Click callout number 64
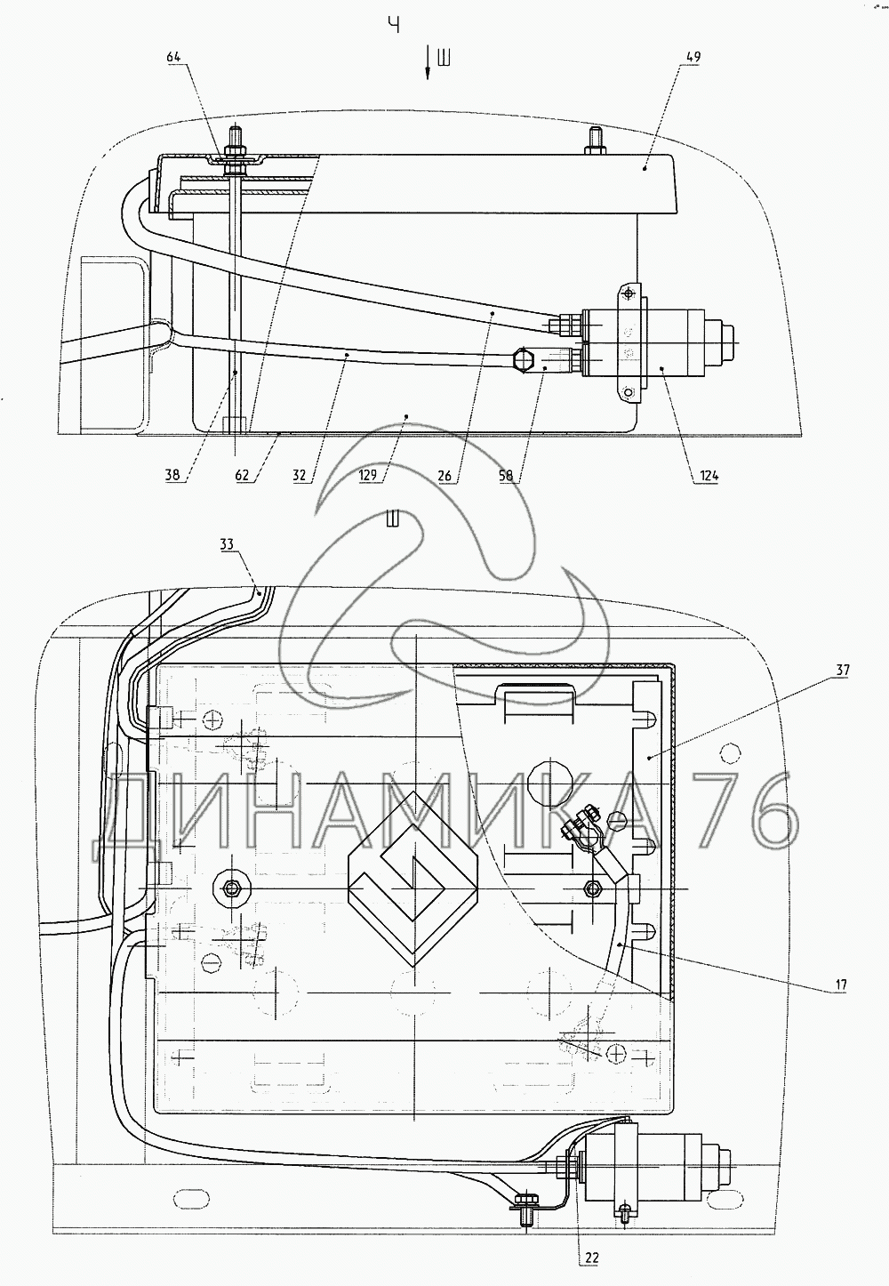pos(173,57)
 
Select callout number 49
pos(693,57)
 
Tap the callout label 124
pos(709,476)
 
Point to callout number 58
pos(506,476)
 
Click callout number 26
pos(444,476)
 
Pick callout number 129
pos(367,476)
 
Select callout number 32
pos(299,476)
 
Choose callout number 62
pos(242,476)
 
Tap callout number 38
pos(172,476)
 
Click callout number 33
pos(228,543)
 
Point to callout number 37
pos(843,670)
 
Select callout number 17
pos(840,985)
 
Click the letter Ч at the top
pos(393,25)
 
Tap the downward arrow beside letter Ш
pos(428,64)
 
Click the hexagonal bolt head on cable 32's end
pos(525,360)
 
